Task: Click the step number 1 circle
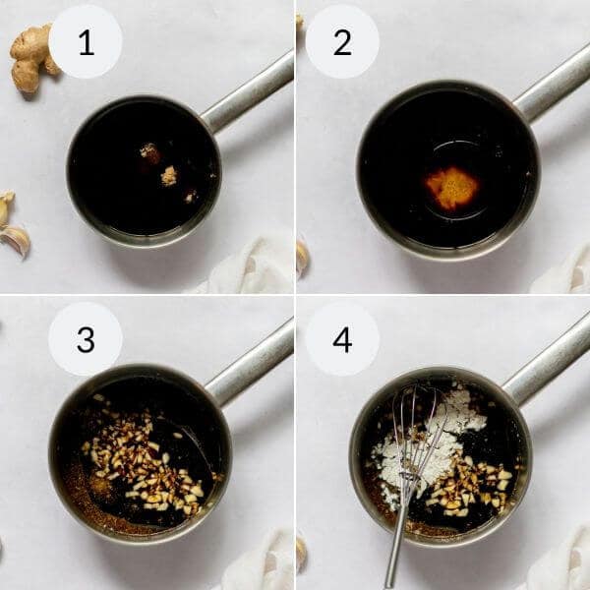click(x=86, y=41)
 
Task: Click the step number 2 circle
click(x=342, y=41)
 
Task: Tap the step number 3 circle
click(x=86, y=338)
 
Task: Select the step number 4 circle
click(x=342, y=338)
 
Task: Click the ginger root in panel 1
click(x=31, y=57)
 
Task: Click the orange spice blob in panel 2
click(x=451, y=187)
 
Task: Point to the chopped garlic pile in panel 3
click(x=143, y=462)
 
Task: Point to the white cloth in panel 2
click(x=565, y=270)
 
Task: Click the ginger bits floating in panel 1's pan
click(x=157, y=165)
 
